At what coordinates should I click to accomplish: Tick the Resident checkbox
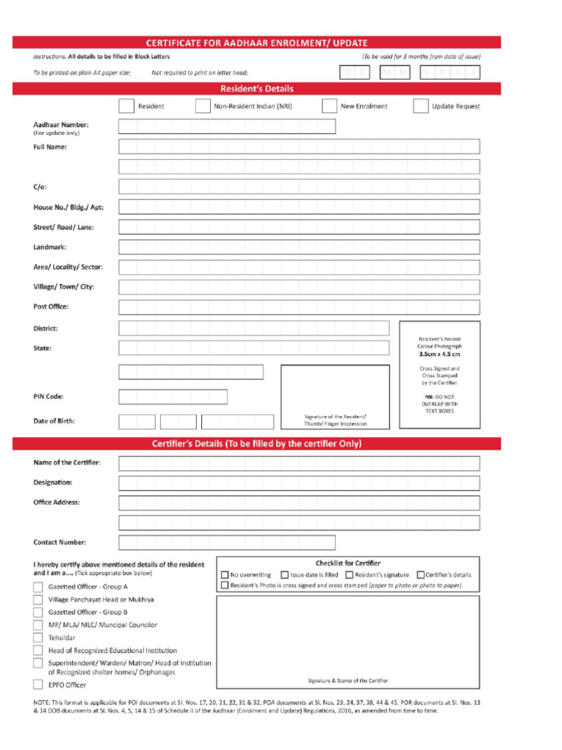point(126,106)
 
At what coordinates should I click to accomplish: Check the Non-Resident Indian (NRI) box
point(203,106)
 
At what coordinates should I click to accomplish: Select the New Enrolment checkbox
point(329,106)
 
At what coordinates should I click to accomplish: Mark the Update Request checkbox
point(420,106)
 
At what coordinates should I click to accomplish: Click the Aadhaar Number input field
point(227,127)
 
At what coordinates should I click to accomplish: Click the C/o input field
point(299,187)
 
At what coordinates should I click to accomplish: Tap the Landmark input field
point(299,248)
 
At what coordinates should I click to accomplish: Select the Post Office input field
point(299,307)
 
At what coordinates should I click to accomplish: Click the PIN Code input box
point(173,397)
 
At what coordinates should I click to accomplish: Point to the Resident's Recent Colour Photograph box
point(440,374)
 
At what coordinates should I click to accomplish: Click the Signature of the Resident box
point(335,396)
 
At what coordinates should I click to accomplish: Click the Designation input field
point(299,483)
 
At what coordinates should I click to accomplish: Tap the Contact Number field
point(227,543)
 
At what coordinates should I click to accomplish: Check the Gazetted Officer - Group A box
point(38,587)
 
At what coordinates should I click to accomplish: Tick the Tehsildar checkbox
point(38,638)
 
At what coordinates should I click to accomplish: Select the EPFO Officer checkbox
point(38,686)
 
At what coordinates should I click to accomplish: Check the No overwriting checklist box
point(225,575)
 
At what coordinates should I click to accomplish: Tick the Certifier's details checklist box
point(421,575)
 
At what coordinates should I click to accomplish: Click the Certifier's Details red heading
point(256,444)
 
